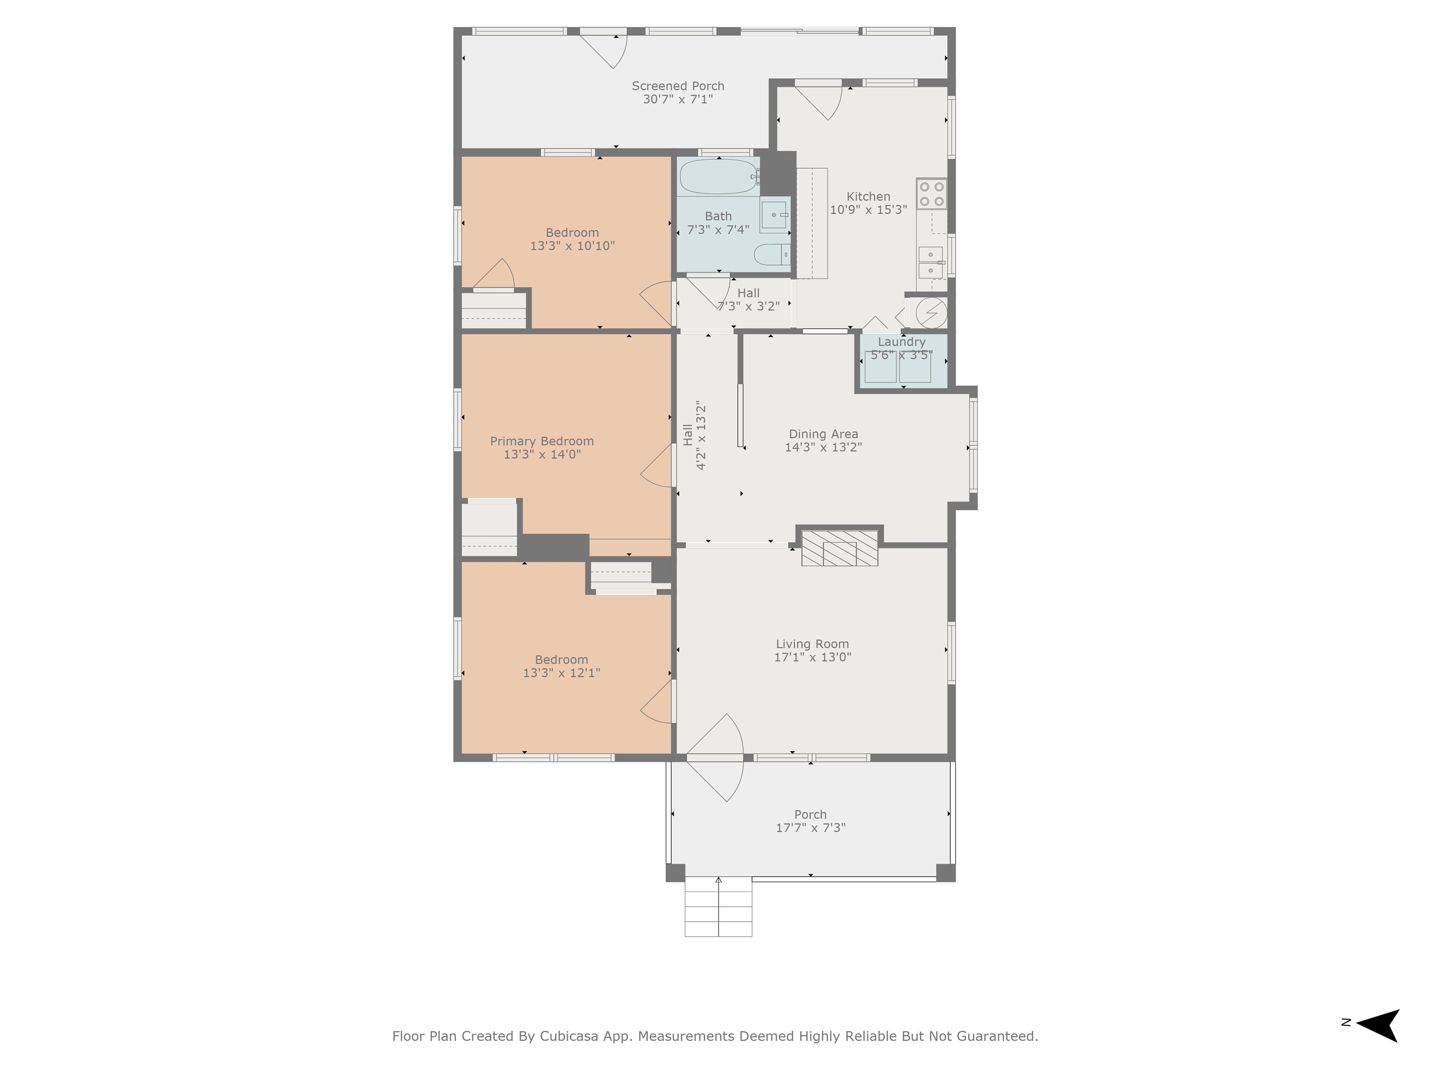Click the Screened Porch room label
[678, 86]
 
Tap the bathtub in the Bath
[719, 176]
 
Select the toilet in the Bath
[772, 254]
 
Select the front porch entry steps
[719, 907]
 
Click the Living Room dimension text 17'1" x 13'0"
[812, 657]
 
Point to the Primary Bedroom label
[542, 441]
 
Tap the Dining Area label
[824, 434]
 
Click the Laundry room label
[902, 341]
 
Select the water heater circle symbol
[932, 313]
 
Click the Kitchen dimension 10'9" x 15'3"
[869, 210]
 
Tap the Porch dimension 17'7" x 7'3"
[811, 827]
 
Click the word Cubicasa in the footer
[567, 1037]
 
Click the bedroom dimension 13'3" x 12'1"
[561, 672]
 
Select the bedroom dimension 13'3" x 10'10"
[572, 246]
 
